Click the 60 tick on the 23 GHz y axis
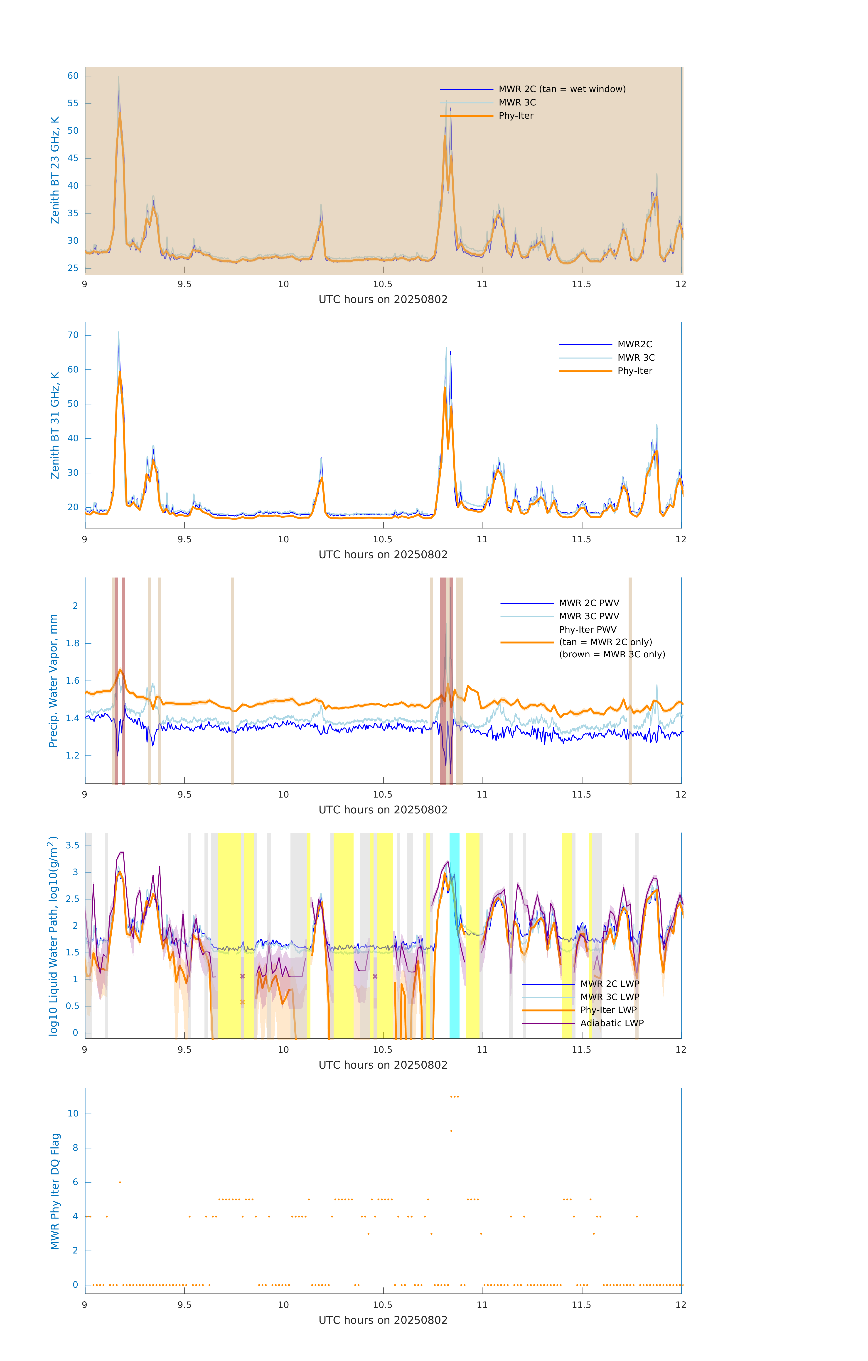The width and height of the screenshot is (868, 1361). pyautogui.click(x=73, y=76)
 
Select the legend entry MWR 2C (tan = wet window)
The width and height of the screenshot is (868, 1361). pyautogui.click(x=561, y=89)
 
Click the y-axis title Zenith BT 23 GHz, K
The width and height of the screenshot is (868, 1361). pyautogui.click(x=55, y=170)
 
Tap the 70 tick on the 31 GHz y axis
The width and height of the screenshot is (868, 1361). pyautogui.click(x=73, y=335)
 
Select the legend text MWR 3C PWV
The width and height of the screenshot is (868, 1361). pyautogui.click(x=589, y=616)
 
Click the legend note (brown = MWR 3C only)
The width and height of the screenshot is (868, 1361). pyautogui.click(x=612, y=654)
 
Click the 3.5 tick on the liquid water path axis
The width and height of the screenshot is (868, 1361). pyautogui.click(x=72, y=846)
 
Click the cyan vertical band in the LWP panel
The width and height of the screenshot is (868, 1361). pyautogui.click(x=454, y=933)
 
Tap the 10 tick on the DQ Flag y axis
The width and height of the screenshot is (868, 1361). pyautogui.click(x=73, y=1114)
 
